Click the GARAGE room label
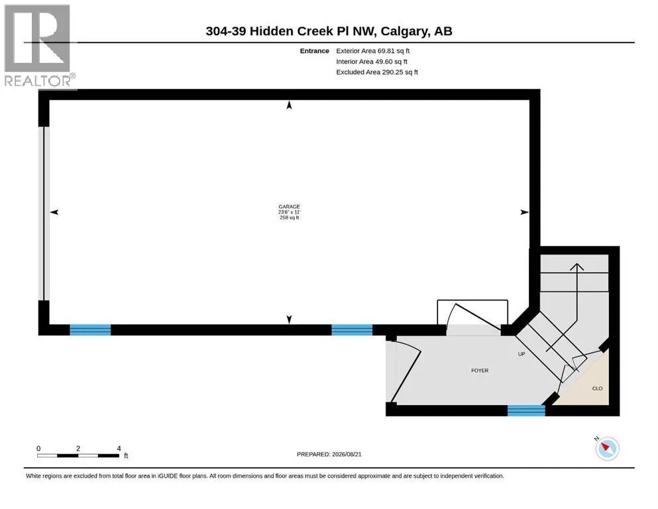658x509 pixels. (x=289, y=207)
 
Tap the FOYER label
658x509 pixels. (x=480, y=370)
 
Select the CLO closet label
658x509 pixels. (x=597, y=388)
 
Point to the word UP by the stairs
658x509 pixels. (x=521, y=354)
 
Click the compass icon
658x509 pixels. (x=607, y=448)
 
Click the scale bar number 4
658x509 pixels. (x=119, y=448)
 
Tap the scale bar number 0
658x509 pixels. (x=38, y=448)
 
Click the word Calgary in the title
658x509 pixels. (x=404, y=31)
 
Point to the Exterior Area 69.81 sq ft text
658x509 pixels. (x=372, y=51)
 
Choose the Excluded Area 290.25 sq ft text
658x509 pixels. (x=377, y=72)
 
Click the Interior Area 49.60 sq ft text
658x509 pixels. (x=371, y=62)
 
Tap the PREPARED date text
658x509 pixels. (x=329, y=454)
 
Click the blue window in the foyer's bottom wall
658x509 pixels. (x=526, y=410)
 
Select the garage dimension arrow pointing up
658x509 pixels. (x=289, y=105)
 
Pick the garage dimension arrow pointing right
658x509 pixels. (x=524, y=212)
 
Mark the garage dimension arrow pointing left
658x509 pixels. (x=54, y=212)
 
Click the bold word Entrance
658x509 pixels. (x=314, y=51)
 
